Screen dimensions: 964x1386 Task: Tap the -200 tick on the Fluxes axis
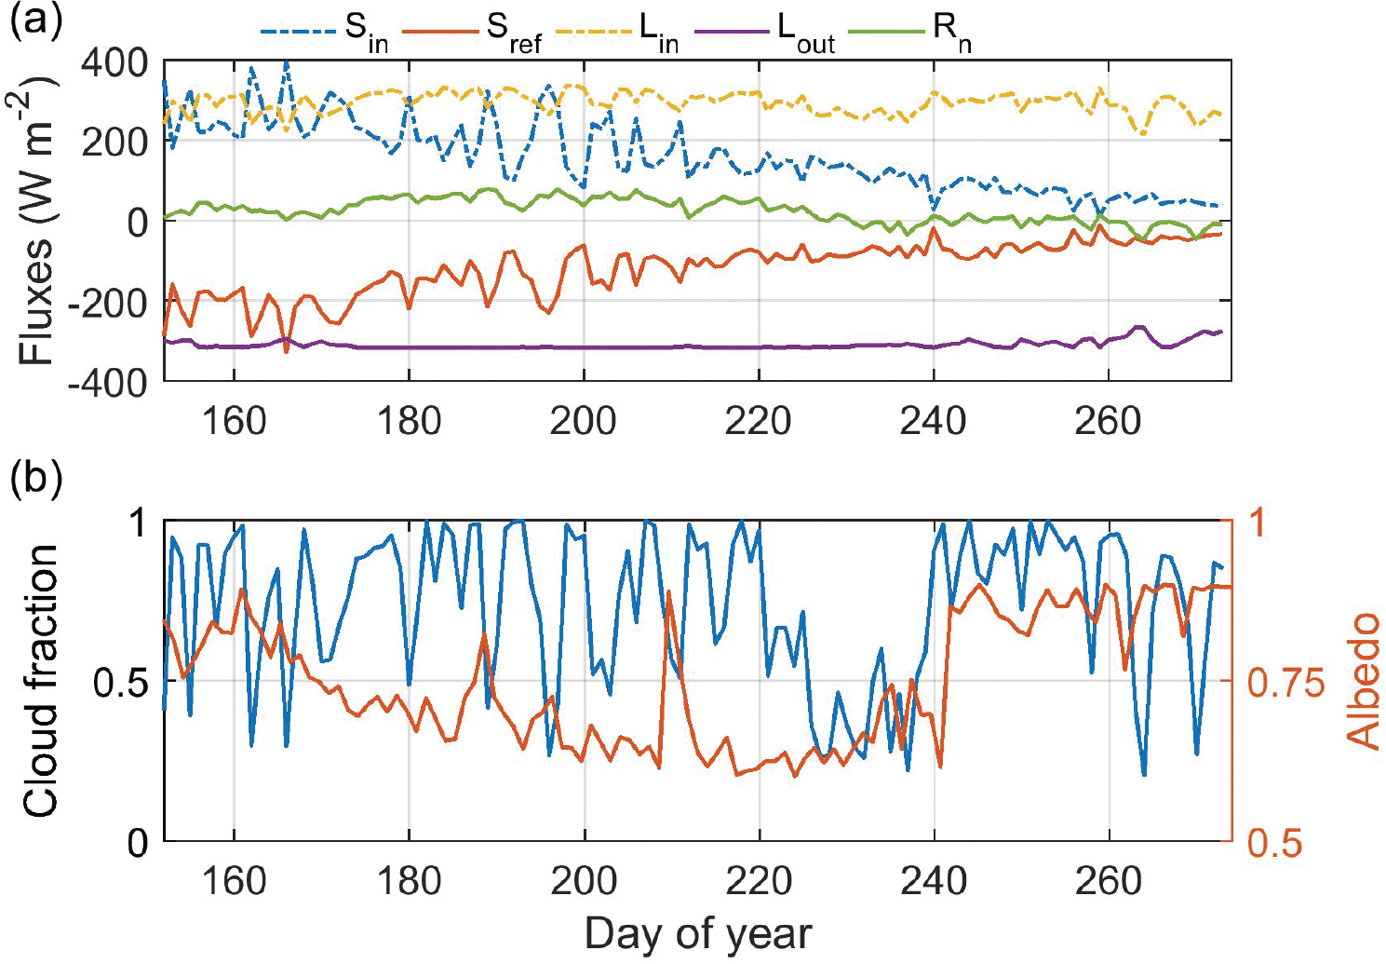106,302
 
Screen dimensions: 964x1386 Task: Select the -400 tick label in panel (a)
106,382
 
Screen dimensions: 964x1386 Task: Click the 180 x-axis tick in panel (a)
409,421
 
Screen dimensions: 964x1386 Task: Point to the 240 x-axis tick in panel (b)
934,880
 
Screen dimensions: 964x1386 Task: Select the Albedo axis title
1364,681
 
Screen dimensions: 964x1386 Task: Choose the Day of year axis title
698,934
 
